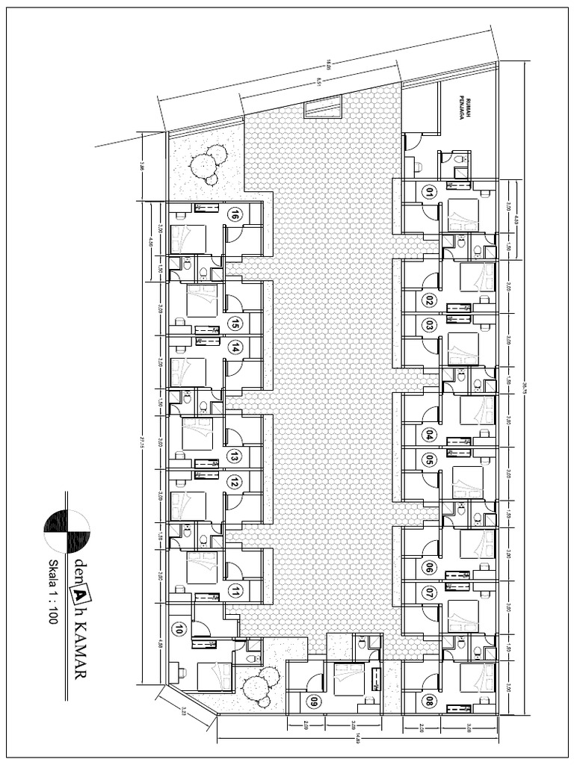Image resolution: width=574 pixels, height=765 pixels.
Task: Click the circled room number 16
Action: pyautogui.click(x=235, y=215)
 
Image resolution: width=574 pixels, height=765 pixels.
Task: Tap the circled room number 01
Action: pyautogui.click(x=428, y=191)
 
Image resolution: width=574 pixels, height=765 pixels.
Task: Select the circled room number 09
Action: pyautogui.click(x=314, y=701)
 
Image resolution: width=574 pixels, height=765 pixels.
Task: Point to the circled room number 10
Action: pyautogui.click(x=178, y=629)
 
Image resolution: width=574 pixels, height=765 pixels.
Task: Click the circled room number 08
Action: pyautogui.click(x=428, y=701)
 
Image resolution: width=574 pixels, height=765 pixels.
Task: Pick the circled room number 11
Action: pyautogui.click(x=235, y=591)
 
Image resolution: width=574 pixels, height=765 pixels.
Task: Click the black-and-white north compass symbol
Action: pyautogui.click(x=67, y=531)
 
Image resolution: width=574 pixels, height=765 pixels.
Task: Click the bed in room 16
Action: pyautogui.click(x=187, y=239)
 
